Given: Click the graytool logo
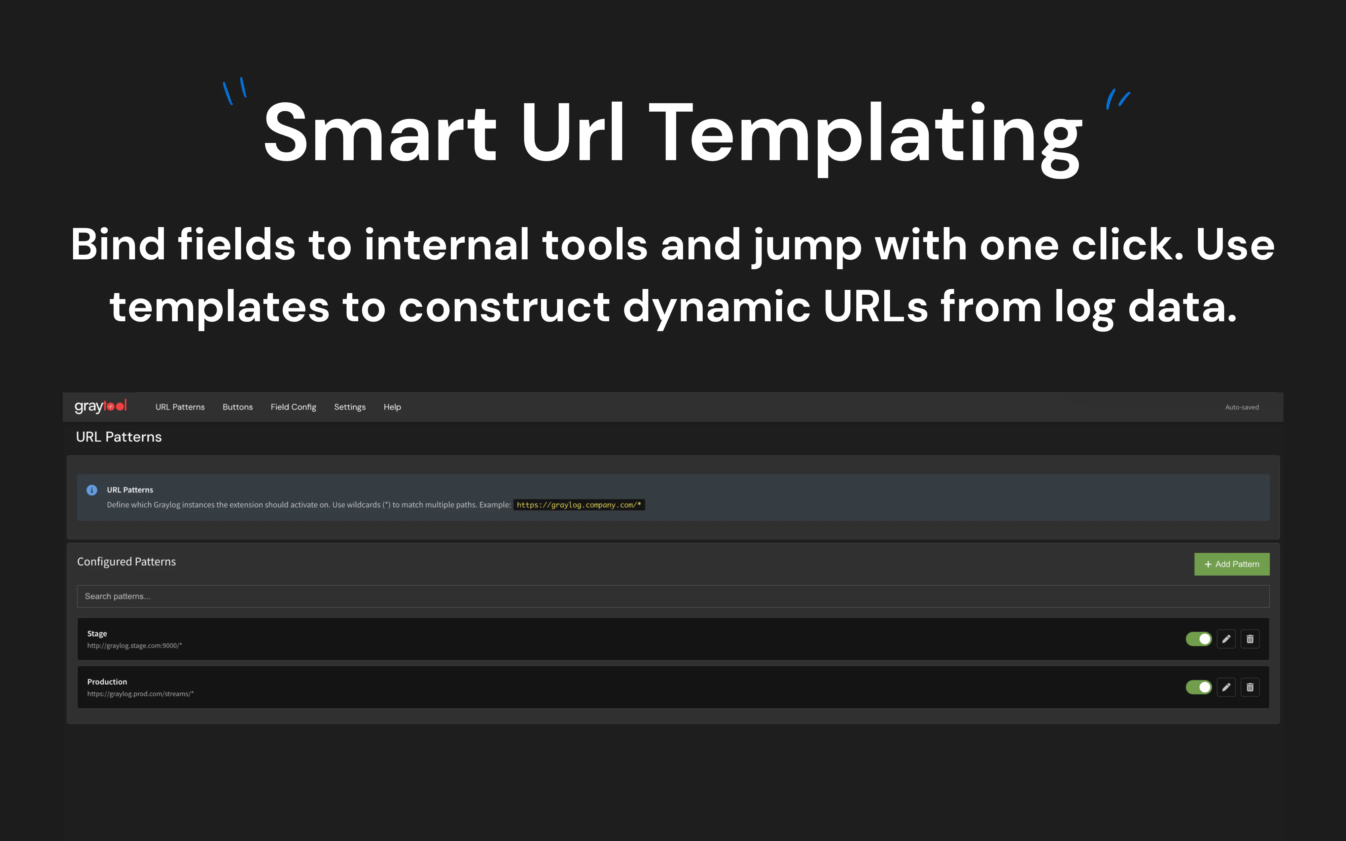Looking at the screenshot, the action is click(x=101, y=407).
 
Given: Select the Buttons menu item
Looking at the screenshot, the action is click(x=238, y=407).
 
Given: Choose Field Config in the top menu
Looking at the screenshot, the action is click(x=293, y=407).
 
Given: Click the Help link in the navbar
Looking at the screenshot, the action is click(x=392, y=407).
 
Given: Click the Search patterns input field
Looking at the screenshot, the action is click(x=673, y=596).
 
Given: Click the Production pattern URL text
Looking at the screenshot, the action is click(x=140, y=694).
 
